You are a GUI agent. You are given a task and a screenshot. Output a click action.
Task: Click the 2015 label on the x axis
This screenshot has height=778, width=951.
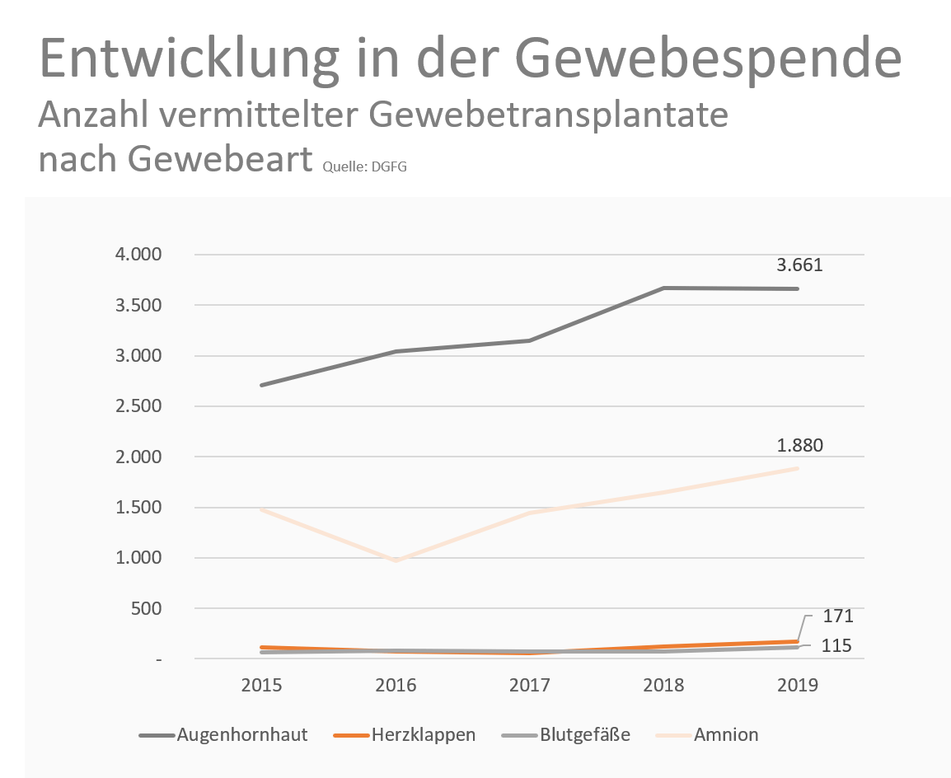click(262, 686)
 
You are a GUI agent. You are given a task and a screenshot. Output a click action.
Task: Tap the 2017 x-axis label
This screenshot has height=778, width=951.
click(530, 686)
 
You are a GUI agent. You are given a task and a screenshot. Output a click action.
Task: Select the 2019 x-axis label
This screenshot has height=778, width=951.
click(798, 686)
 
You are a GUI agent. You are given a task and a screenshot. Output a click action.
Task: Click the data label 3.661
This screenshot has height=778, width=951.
click(799, 266)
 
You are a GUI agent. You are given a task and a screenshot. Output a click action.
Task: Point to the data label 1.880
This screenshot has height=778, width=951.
click(799, 447)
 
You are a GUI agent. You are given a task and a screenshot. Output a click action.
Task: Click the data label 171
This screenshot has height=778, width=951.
click(838, 616)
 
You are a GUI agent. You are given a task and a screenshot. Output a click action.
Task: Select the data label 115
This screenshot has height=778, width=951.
click(836, 646)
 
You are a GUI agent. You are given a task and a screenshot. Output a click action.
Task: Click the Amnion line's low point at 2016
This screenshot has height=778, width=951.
click(396, 561)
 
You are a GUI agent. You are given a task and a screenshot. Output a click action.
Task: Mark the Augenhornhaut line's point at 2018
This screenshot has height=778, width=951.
click(664, 288)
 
